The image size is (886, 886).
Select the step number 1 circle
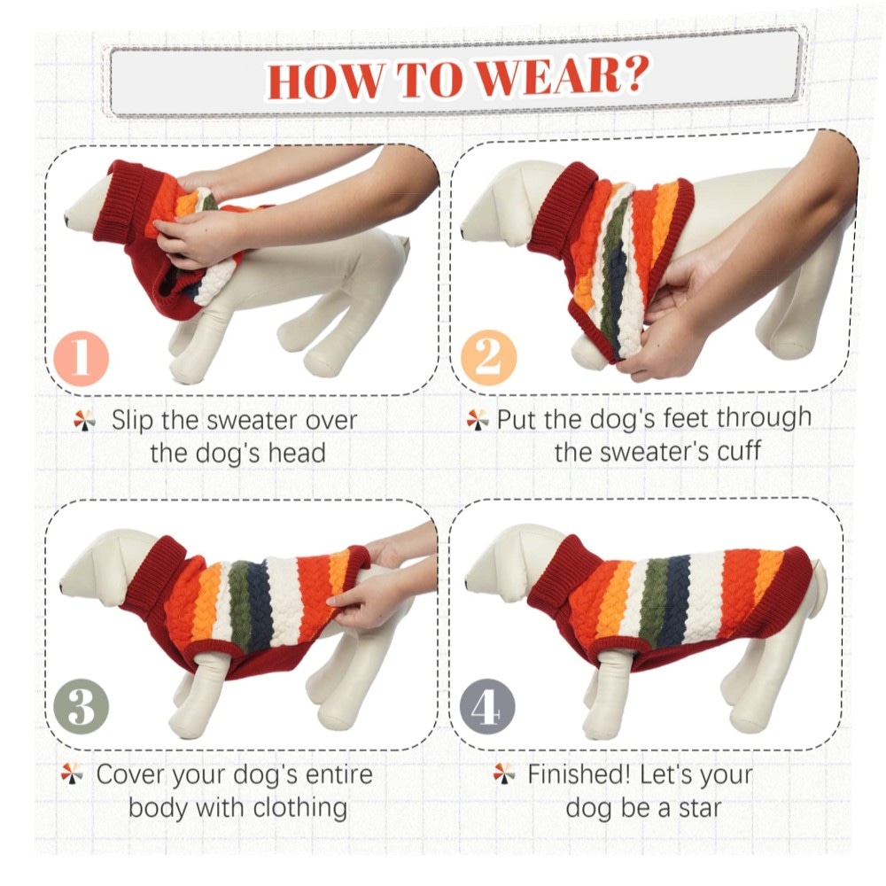click(x=82, y=358)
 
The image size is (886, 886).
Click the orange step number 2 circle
click(x=489, y=358)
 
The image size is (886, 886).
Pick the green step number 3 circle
click(x=81, y=706)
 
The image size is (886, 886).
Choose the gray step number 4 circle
click(x=487, y=706)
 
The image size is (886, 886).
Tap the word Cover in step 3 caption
click(x=131, y=774)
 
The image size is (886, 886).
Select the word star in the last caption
click(x=700, y=808)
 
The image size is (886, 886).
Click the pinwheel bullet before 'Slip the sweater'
click(x=84, y=421)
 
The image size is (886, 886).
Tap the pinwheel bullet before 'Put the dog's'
click(x=478, y=420)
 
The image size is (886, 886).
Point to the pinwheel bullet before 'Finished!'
click(x=504, y=773)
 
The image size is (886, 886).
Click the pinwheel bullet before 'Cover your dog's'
click(x=72, y=773)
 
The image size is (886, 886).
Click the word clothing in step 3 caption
click(x=300, y=808)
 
